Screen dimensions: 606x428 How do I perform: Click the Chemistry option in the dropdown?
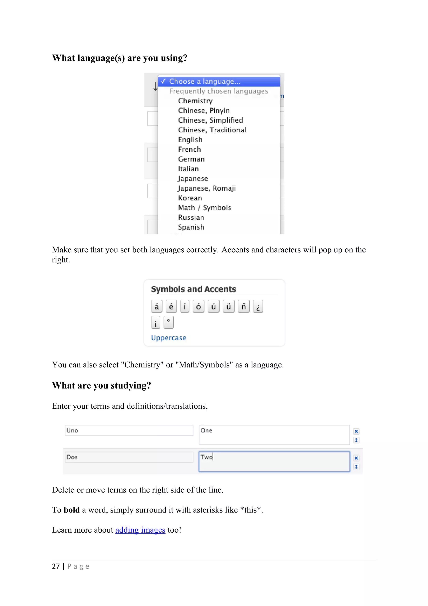pos(195,101)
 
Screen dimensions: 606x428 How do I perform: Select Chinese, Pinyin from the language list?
pos(204,111)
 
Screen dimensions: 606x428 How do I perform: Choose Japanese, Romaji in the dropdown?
pos(206,188)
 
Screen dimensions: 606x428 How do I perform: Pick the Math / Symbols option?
pos(204,208)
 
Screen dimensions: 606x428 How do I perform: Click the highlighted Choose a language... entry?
pos(205,82)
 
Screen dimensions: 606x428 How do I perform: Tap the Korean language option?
pos(190,198)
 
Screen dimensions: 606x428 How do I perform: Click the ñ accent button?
pos(243,306)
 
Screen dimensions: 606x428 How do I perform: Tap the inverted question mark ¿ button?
pos(258,306)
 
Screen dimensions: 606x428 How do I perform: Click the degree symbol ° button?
pos(168,322)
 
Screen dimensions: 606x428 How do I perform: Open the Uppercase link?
pos(168,338)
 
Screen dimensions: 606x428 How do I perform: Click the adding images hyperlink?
pos(140,530)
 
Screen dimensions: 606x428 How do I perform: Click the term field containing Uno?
pos(129,431)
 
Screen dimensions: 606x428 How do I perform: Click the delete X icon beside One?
pos(356,431)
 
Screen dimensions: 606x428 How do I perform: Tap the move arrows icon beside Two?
pos(356,467)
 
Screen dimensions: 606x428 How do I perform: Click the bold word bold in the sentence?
pos(71,510)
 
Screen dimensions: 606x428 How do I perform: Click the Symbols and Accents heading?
pos(193,289)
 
